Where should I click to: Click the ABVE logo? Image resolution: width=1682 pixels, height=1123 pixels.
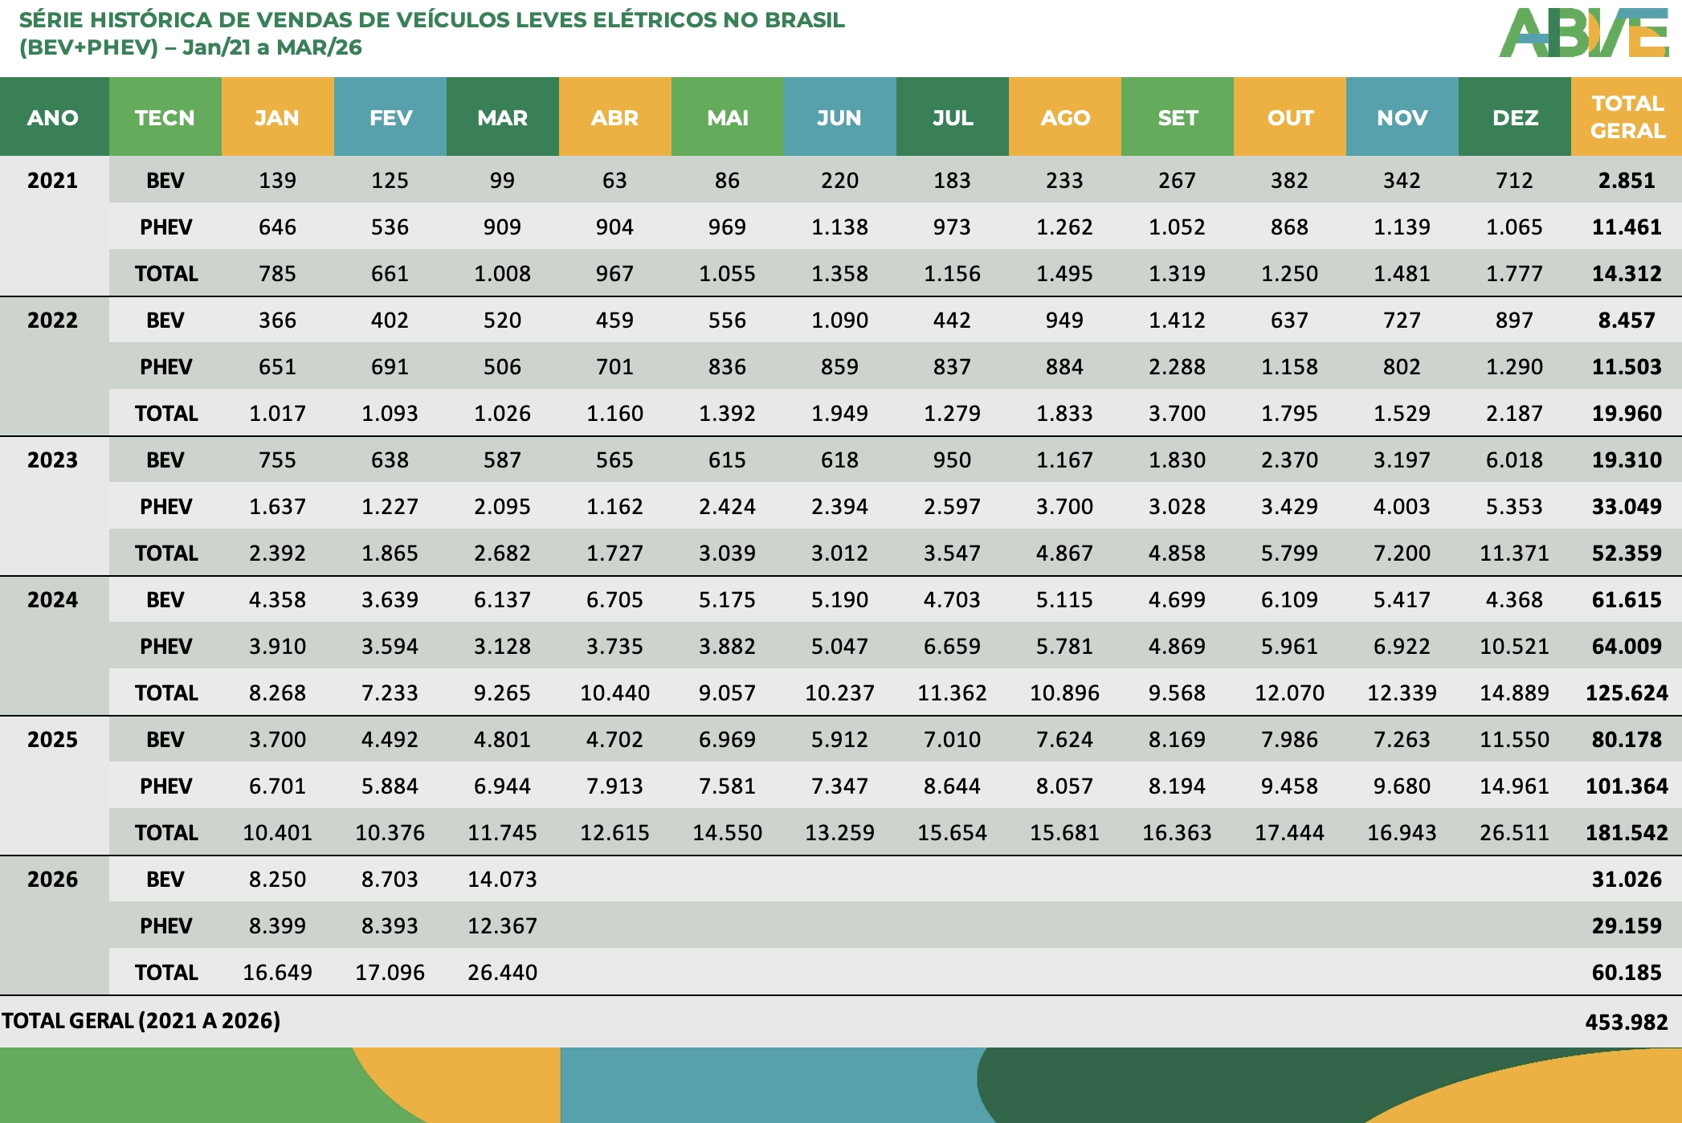(1582, 34)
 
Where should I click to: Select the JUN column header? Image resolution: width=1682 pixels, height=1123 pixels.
(839, 117)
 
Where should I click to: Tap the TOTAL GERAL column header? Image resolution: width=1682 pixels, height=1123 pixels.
(1627, 117)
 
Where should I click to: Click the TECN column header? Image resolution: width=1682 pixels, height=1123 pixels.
(165, 117)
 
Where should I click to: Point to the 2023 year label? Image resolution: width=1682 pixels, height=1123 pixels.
(53, 460)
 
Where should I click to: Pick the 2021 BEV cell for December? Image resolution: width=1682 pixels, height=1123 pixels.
(1514, 181)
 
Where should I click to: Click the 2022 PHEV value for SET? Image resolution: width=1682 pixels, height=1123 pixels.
(1177, 367)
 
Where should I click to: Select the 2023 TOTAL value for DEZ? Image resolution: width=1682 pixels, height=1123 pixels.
(1514, 553)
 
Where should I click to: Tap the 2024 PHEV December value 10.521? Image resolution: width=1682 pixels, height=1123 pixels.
(1514, 647)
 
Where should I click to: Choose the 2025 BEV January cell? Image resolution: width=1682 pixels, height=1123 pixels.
(277, 740)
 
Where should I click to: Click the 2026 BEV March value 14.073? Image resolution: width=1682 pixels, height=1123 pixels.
(502, 880)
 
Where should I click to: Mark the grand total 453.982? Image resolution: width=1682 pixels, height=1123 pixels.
(1626, 1022)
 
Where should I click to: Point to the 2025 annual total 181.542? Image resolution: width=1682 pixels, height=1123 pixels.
(1627, 833)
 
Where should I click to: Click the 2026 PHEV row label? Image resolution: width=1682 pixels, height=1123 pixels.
(165, 926)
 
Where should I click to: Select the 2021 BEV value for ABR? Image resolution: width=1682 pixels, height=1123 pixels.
(614, 181)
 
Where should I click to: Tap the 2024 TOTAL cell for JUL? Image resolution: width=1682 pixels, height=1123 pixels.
(952, 693)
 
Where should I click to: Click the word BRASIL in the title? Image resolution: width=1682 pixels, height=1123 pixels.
(804, 20)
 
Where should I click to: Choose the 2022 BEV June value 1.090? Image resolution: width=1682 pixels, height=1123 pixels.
(839, 321)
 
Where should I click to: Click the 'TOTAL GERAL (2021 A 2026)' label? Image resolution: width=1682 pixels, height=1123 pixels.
(141, 1021)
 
